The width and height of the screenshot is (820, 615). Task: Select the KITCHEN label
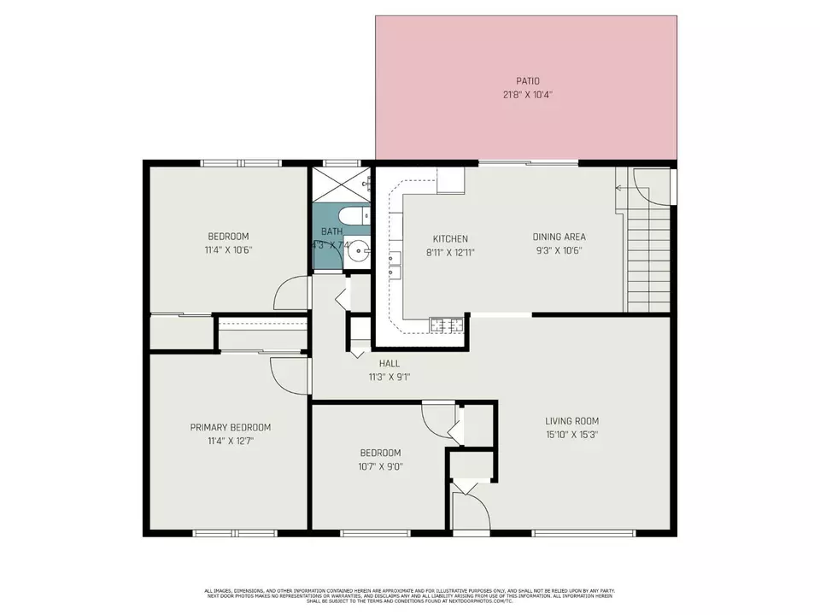(x=450, y=238)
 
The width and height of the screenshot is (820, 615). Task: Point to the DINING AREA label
(x=559, y=237)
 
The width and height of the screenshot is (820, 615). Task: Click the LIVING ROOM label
(x=571, y=420)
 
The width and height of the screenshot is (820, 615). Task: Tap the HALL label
(x=389, y=363)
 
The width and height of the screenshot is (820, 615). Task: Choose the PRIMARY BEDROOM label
(x=230, y=427)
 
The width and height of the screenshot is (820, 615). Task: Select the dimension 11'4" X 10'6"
(x=228, y=250)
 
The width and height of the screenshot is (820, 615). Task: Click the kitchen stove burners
(x=447, y=324)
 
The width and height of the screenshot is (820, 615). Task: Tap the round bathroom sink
(x=361, y=252)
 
